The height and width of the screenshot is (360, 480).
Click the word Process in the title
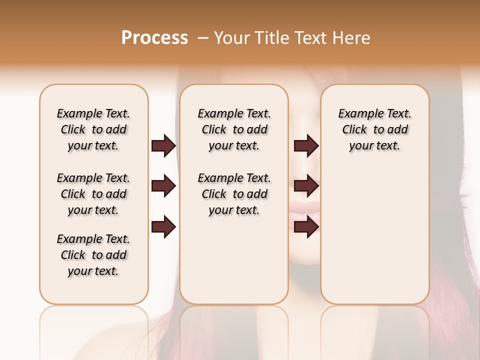pos(154,37)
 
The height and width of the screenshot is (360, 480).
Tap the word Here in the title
pos(352,38)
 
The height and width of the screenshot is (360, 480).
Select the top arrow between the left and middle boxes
pos(163,146)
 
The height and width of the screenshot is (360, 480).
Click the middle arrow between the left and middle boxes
pos(163,186)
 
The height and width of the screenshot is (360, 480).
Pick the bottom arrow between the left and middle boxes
pos(163,227)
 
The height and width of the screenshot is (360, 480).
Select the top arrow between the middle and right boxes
pos(306,146)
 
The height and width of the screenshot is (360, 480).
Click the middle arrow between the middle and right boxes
pos(306,186)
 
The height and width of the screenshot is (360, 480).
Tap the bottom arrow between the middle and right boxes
pos(306,227)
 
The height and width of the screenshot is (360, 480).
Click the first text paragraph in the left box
pos(93,129)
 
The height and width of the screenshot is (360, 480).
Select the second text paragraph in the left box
pos(93,194)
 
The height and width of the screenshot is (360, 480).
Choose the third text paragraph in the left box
pos(93,255)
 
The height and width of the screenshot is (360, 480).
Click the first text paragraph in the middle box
pos(234,129)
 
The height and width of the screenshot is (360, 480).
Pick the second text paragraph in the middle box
pos(234,194)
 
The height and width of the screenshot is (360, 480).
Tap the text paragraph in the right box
pos(374,129)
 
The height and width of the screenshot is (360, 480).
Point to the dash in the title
pos(203,38)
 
